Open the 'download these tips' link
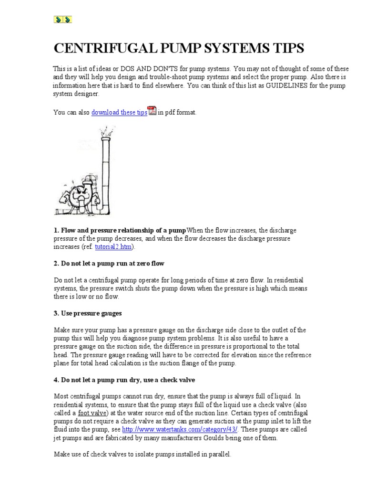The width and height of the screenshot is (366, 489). point(119,113)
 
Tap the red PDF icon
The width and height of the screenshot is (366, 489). point(152,111)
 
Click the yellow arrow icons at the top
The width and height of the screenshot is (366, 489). point(62,20)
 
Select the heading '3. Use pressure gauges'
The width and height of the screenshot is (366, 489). point(88,313)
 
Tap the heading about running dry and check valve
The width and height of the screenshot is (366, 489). point(124,380)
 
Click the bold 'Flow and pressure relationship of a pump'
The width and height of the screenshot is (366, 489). point(119,231)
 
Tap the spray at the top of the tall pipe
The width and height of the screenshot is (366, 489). point(107,130)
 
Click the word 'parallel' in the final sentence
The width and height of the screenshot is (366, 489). point(219,455)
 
